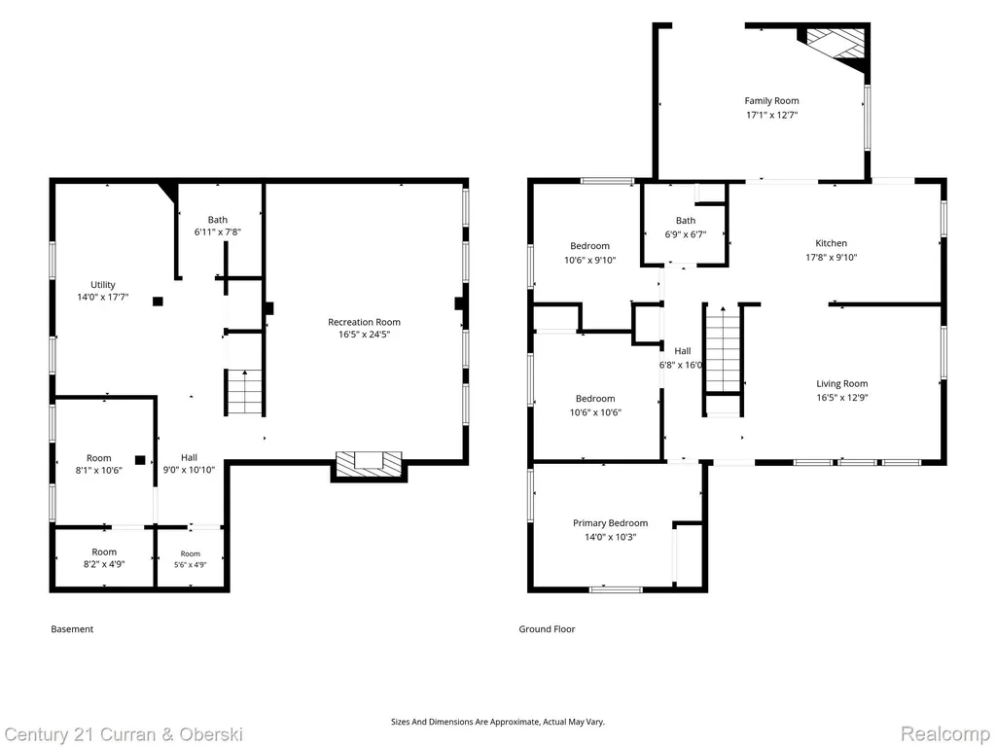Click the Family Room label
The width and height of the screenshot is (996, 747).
pyautogui.click(x=771, y=100)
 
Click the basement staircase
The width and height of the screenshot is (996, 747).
pyautogui.click(x=245, y=392)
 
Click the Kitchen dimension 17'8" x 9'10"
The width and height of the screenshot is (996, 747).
pyautogui.click(x=831, y=257)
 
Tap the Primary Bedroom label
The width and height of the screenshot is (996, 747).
pyautogui.click(x=611, y=522)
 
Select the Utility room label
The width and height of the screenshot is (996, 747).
pyautogui.click(x=103, y=285)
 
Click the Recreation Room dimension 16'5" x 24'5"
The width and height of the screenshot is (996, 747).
pyautogui.click(x=364, y=335)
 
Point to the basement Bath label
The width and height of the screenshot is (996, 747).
pyautogui.click(x=217, y=220)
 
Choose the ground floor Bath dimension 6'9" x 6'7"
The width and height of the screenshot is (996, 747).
pyautogui.click(x=686, y=233)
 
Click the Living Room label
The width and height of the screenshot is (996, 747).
pyautogui.click(x=842, y=383)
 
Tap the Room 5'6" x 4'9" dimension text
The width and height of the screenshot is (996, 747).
pyautogui.click(x=191, y=565)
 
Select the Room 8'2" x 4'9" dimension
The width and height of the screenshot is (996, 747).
pyautogui.click(x=104, y=564)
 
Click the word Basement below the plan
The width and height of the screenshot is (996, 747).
pyautogui.click(x=72, y=629)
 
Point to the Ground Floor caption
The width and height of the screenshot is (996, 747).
pyautogui.click(x=547, y=629)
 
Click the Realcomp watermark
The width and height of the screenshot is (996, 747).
pyautogui.click(x=945, y=734)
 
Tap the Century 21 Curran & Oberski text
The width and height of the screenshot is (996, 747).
pyautogui.click(x=123, y=735)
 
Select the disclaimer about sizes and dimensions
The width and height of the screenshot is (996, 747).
pyautogui.click(x=498, y=722)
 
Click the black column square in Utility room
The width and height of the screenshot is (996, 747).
pyautogui.click(x=158, y=302)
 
